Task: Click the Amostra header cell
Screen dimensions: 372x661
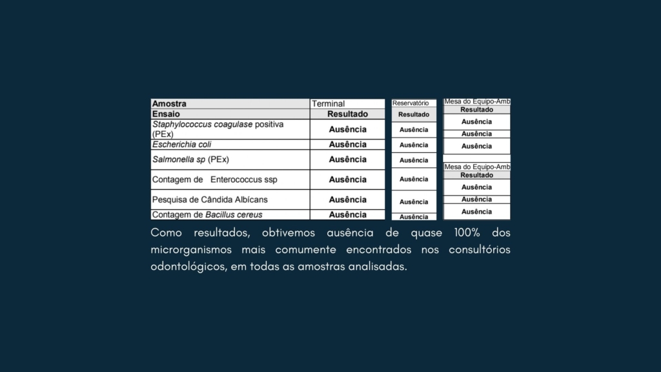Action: point(169,103)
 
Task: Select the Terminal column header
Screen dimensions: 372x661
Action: point(329,103)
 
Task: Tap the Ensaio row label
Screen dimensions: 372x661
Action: point(167,114)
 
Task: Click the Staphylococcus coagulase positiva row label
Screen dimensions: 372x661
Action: point(218,129)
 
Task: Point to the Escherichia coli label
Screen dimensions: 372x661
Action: point(181,145)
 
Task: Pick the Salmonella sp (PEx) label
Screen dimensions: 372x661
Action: point(190,159)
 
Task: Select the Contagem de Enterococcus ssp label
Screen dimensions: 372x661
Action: point(214,179)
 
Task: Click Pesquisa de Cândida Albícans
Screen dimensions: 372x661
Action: point(209,200)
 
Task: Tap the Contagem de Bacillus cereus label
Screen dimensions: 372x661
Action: point(207,214)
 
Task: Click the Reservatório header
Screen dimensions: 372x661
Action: point(411,103)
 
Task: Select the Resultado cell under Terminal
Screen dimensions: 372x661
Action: point(347,114)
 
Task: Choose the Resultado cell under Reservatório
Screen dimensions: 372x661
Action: point(414,114)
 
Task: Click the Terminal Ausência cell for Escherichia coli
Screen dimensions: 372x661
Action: point(347,145)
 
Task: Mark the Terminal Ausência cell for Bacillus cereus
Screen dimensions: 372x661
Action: point(347,214)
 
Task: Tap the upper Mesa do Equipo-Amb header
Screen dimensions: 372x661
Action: point(477,101)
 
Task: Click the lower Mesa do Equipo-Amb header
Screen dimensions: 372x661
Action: point(477,167)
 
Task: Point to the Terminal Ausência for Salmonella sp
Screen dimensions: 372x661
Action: point(347,159)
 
